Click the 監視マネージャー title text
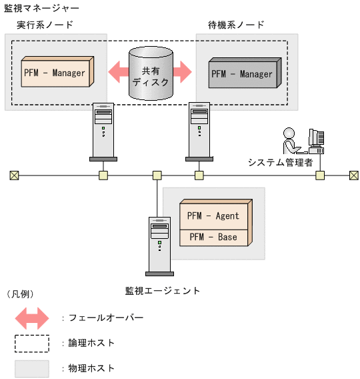click(41, 9)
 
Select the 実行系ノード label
click(45, 25)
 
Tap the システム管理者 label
click(280, 162)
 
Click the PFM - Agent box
click(213, 216)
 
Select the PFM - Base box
click(213, 237)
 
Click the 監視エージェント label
click(163, 290)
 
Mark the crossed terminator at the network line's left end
click(15, 175)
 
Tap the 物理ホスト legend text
click(92, 368)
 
